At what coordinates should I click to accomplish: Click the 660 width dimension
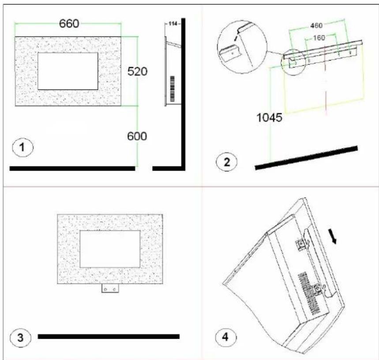[69, 24]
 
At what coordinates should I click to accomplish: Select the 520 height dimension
[137, 72]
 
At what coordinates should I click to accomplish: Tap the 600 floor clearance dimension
[137, 136]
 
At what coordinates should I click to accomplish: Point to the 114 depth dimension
[173, 24]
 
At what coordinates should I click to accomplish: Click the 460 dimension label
[316, 26]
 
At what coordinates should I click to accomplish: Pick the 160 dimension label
[319, 38]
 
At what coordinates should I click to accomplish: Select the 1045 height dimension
[269, 118]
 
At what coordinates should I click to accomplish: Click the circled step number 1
[23, 147]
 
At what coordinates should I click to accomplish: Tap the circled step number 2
[226, 162]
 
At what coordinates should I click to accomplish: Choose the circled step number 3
[21, 337]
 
